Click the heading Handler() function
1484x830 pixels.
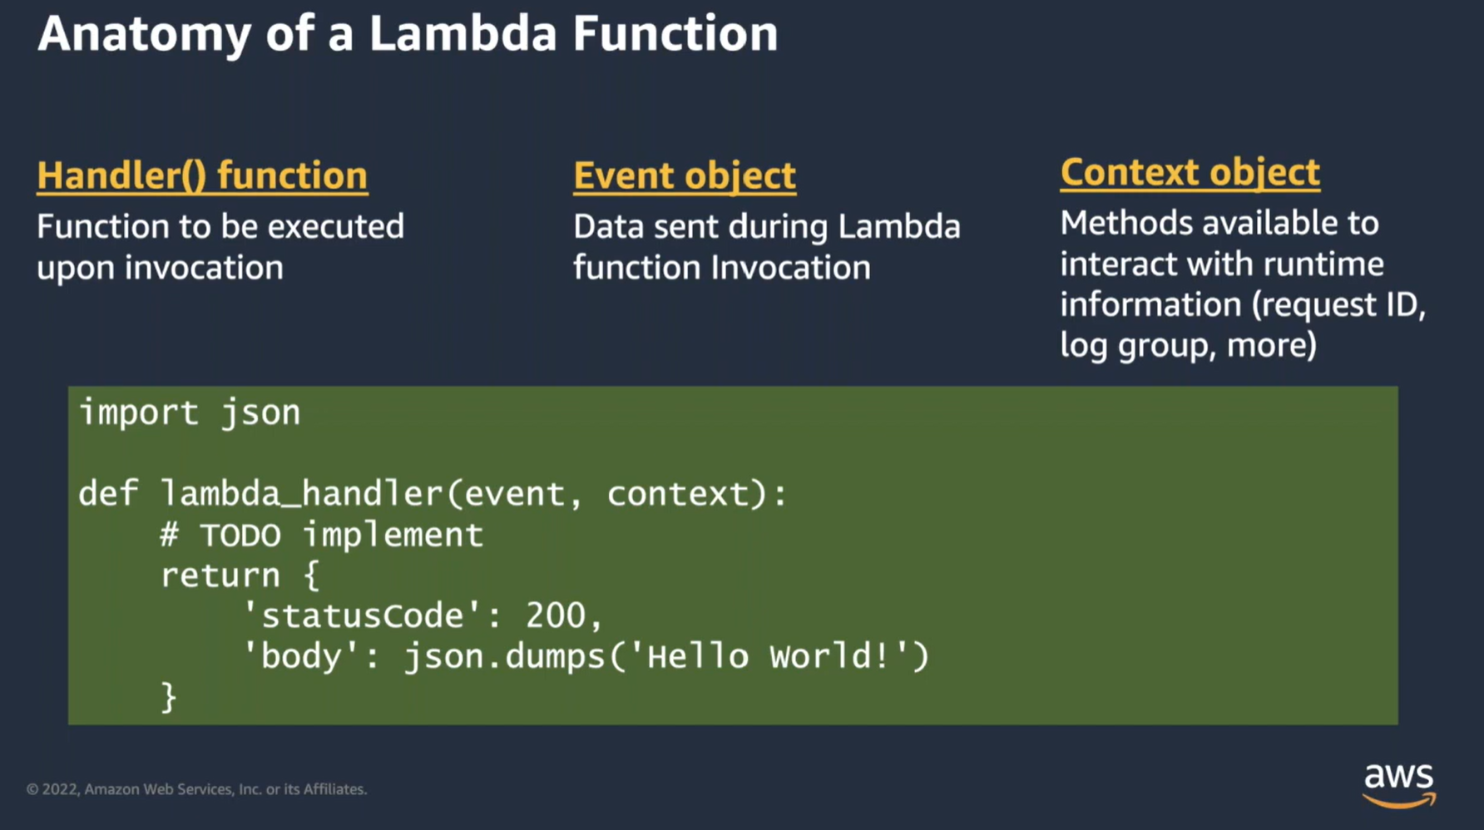click(202, 175)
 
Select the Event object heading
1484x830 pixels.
click(684, 175)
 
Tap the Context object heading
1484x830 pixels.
click(1190, 172)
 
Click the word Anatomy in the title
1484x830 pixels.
click(144, 34)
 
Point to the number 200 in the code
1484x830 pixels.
click(556, 616)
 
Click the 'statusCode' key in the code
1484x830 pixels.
click(362, 616)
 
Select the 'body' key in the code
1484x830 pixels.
click(300, 657)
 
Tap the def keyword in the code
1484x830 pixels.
click(108, 494)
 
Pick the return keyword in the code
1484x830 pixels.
click(220, 576)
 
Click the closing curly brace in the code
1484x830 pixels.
click(169, 698)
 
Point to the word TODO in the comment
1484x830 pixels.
click(240, 535)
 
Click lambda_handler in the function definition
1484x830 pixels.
click(301, 494)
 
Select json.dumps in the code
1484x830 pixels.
click(504, 657)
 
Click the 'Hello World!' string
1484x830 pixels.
click(769, 657)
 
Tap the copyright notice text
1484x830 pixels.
click(196, 789)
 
